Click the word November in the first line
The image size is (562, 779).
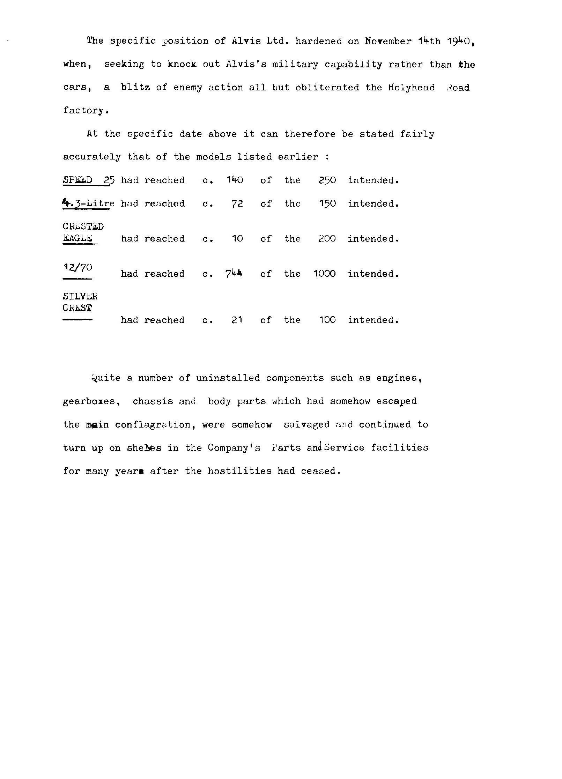point(388,41)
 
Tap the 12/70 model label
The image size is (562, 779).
point(78,268)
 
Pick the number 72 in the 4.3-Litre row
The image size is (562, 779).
point(237,203)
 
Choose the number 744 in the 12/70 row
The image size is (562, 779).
point(234,274)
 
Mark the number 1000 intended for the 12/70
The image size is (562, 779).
point(324,274)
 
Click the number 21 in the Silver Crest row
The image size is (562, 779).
point(237,320)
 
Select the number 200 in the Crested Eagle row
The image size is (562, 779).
point(327,239)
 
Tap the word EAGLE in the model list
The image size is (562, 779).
point(77,238)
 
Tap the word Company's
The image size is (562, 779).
point(234,448)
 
